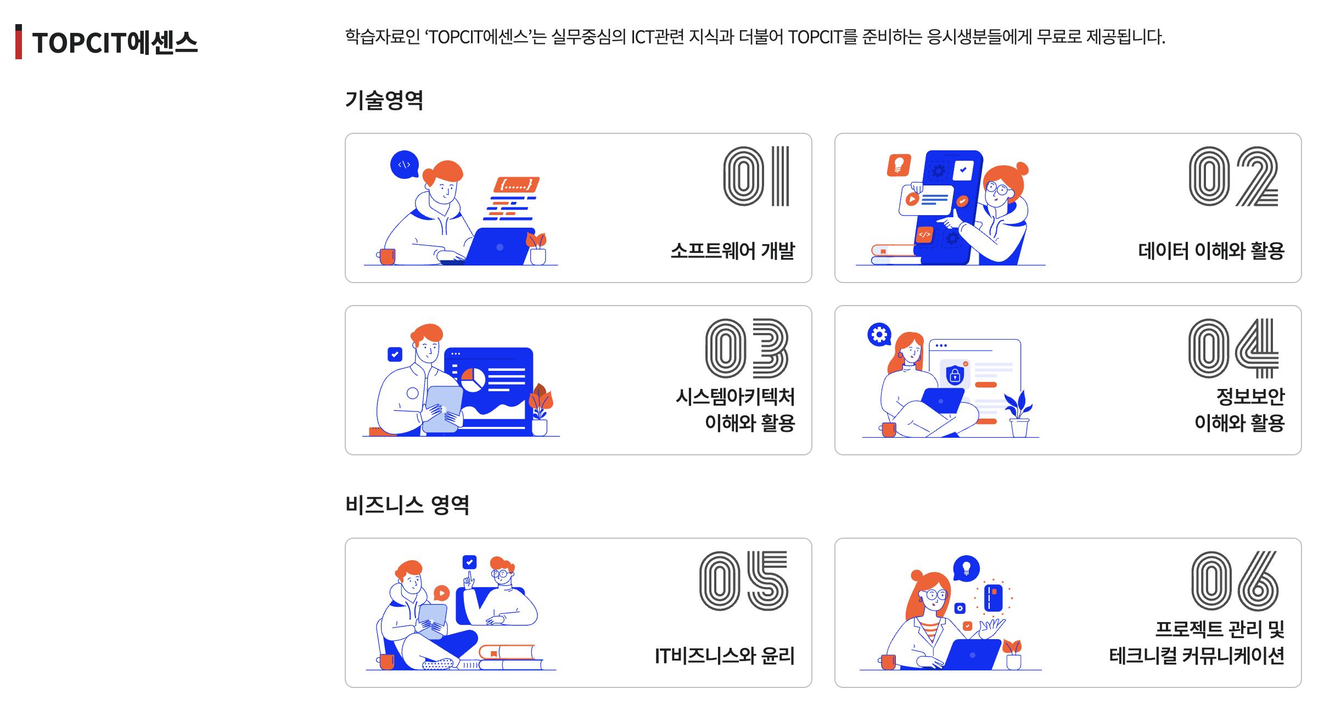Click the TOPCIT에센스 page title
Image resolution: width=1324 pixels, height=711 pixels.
pos(115,43)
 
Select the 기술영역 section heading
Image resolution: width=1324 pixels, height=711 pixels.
pos(384,100)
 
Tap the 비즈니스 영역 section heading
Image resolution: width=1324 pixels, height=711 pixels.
pos(407,505)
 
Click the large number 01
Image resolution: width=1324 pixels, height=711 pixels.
pos(756,176)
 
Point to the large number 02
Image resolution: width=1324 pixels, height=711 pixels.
pos(1233,176)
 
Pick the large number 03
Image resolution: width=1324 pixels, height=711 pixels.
pos(747,348)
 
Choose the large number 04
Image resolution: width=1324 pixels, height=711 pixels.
pos(1233,348)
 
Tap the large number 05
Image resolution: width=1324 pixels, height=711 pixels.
pos(744,581)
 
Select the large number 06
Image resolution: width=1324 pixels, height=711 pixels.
pos(1235,581)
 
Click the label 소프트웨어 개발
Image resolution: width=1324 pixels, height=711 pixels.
pos(733,251)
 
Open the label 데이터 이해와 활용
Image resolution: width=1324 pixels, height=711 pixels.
pos(1211,251)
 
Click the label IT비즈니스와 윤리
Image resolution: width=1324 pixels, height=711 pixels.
pos(725,656)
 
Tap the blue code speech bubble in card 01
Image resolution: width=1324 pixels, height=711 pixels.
pos(405,165)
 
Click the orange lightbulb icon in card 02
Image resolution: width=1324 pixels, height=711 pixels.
pos(899,165)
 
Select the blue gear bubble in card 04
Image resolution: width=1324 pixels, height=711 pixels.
pos(879,334)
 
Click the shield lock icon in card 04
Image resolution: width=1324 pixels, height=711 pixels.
pos(955,375)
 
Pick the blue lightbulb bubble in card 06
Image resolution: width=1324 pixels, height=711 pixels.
pos(967,568)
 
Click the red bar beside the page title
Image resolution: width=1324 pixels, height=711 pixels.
pos(19,42)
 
